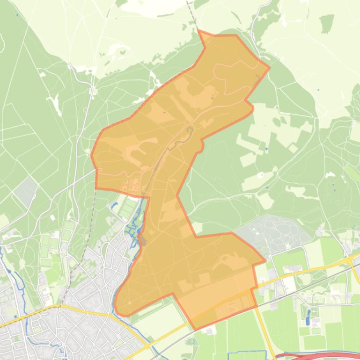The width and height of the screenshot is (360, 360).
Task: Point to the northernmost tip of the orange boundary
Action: point(198,30)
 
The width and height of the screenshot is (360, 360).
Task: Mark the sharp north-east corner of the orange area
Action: point(270,68)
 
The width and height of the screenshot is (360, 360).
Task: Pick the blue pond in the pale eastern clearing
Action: point(266,149)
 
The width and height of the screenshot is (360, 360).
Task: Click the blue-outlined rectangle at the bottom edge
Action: point(247,356)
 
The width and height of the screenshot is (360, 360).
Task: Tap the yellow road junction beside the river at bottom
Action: point(147,346)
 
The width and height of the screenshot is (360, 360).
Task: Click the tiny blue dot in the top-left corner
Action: point(17,15)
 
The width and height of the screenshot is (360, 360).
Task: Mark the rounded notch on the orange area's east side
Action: point(252,108)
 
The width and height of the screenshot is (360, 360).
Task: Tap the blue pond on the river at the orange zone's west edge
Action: point(139,230)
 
